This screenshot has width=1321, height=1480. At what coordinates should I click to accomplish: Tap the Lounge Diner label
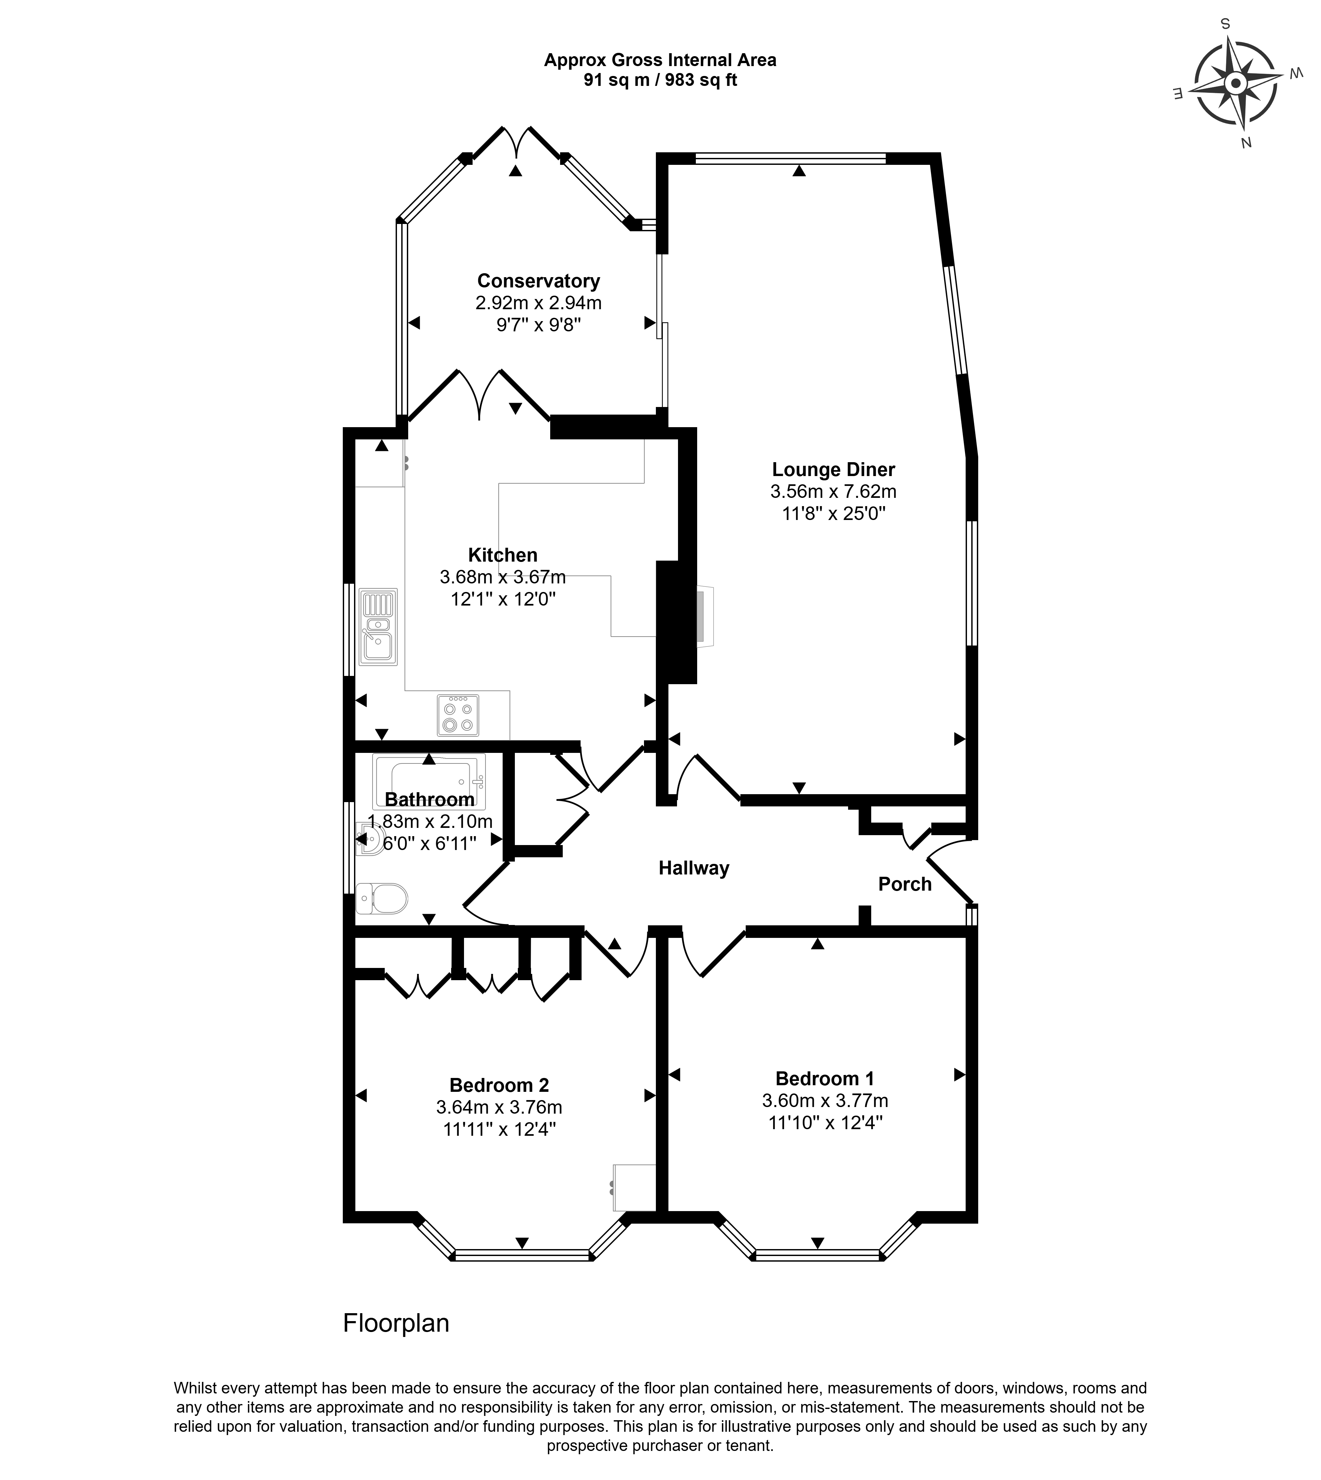point(833,470)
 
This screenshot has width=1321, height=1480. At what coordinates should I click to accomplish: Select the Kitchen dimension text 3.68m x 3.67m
point(502,577)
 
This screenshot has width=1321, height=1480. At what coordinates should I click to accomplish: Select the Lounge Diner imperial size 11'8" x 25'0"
point(833,513)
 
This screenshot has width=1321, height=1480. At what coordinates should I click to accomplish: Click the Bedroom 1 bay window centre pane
point(818,1254)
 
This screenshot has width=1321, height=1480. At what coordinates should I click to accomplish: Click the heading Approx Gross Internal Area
point(660,60)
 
